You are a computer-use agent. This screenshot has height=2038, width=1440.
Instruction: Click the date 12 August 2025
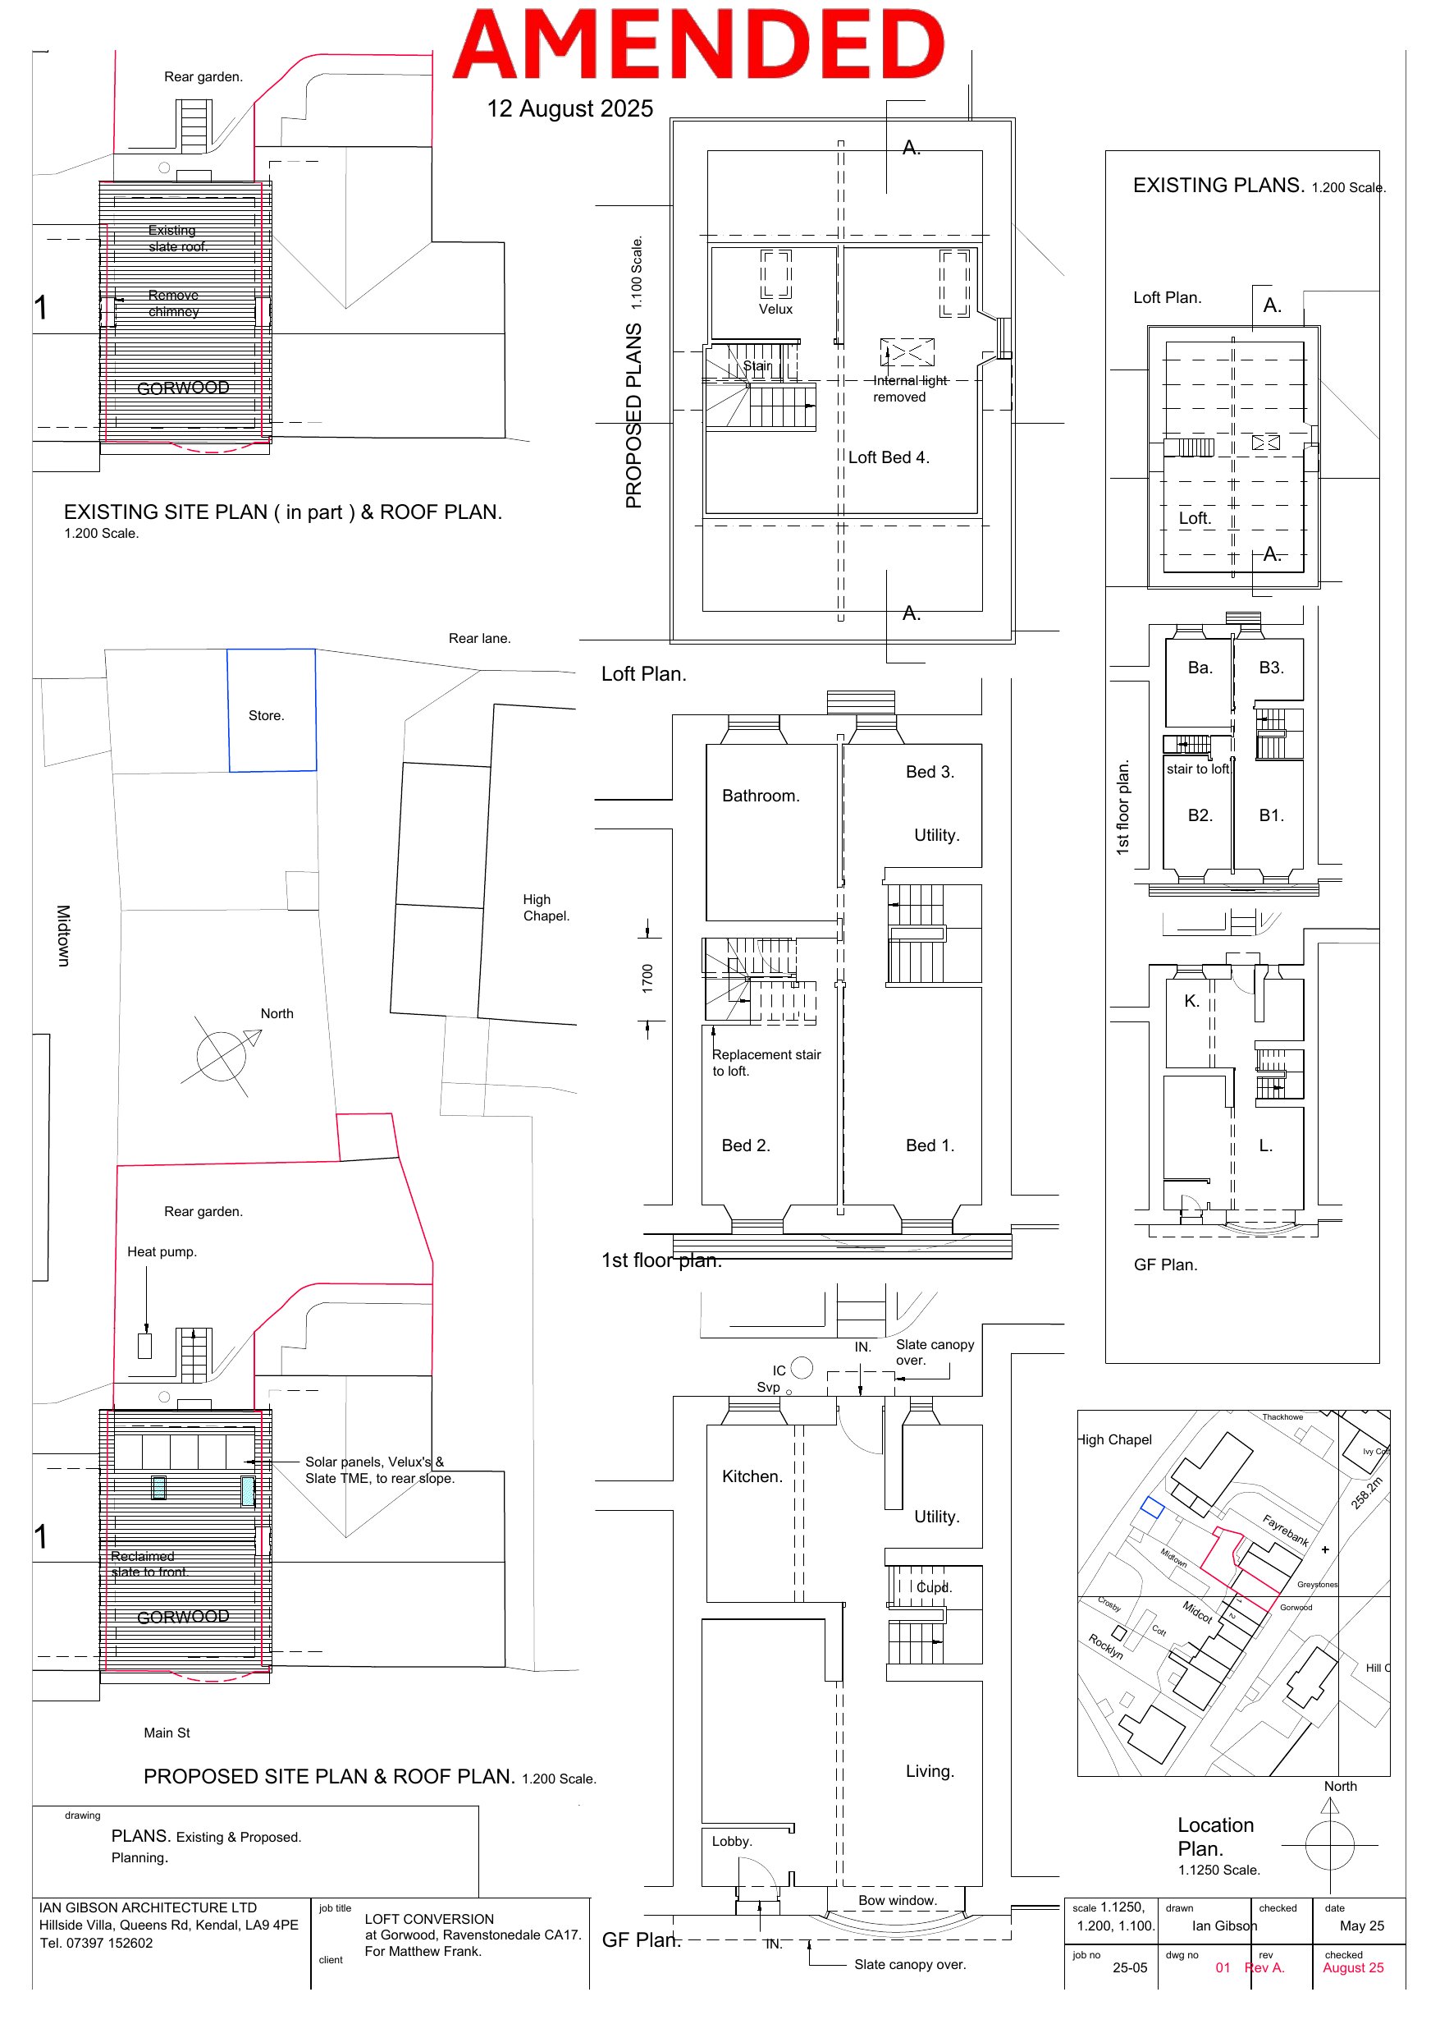pos(569,108)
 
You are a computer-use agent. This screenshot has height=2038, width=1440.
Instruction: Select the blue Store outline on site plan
pos(272,709)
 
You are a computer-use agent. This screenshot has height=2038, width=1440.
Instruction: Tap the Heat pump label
pos(162,1251)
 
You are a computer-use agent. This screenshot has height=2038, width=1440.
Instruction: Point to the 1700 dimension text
pos(647,977)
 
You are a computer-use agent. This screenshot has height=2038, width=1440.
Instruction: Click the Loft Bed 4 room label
pos(888,457)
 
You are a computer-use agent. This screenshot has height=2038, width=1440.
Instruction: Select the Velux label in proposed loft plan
pos(775,309)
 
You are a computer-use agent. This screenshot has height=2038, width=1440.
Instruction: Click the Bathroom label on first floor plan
pos(761,796)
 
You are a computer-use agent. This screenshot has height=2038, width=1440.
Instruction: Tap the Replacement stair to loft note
pos(766,1063)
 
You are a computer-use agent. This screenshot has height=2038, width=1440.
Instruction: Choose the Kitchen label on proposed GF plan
pos(752,1476)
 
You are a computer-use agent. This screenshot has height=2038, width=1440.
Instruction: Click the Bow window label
pos(897,1900)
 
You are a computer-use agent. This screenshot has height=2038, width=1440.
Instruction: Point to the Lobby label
pos(731,1841)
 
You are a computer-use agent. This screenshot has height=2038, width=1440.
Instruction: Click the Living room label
pos(929,1771)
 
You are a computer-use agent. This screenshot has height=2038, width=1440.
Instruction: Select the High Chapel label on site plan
pos(546,907)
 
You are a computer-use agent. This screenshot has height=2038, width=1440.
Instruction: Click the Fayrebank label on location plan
pos(1286,1531)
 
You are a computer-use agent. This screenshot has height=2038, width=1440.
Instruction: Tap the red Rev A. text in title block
pos(1264,1967)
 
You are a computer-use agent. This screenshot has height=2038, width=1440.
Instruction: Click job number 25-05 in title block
pos(1130,1968)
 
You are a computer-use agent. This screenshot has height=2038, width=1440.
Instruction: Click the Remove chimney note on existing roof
pos(173,303)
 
